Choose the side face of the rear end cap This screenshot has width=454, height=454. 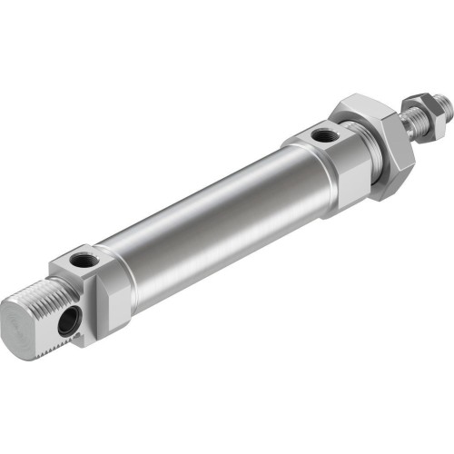point(109,304)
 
